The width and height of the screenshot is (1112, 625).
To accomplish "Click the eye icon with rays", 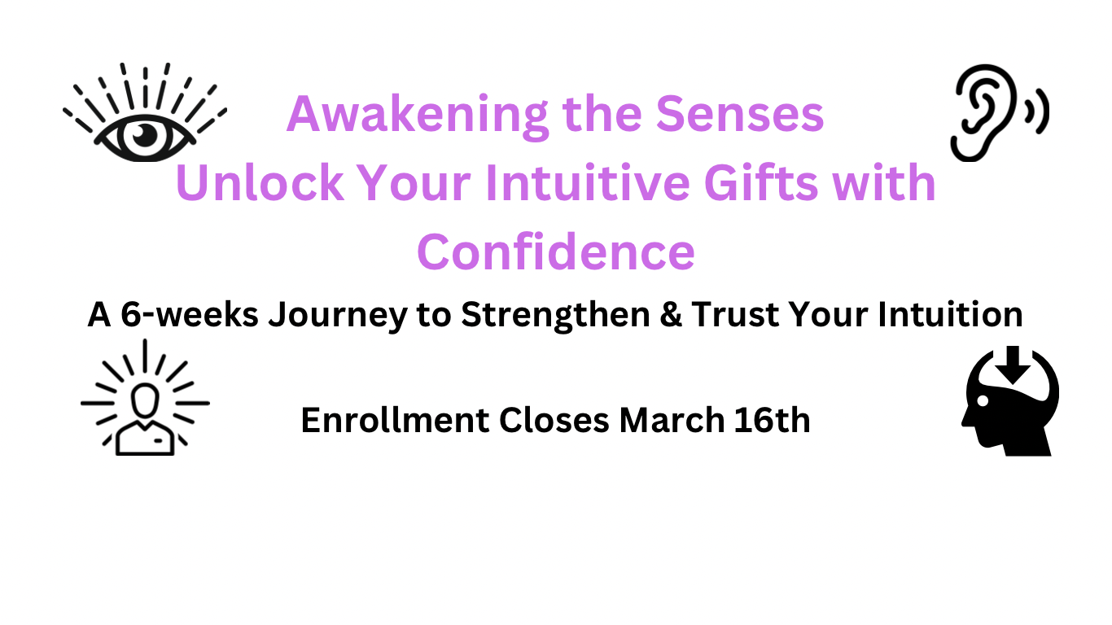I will click(145, 114).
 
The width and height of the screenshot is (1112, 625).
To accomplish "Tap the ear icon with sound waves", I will click(996, 112).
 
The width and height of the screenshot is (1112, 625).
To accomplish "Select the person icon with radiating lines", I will click(146, 399).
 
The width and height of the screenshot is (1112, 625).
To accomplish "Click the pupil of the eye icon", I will click(145, 135).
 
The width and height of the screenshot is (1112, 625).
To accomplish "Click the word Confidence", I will click(556, 251).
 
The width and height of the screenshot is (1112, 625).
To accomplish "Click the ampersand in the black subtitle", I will click(668, 315).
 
